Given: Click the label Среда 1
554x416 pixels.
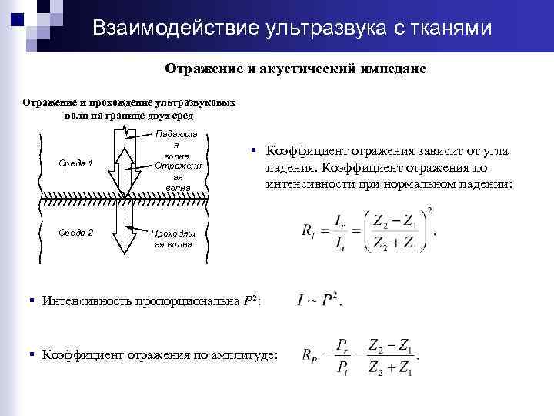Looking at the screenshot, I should pyautogui.click(x=76, y=163).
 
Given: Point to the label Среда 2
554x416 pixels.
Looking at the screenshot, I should pyautogui.click(x=76, y=232).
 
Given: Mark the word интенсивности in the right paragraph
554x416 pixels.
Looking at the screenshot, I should pyautogui.click(x=310, y=185).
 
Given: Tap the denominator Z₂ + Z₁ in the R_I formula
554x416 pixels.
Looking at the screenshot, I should pyautogui.click(x=393, y=244).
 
